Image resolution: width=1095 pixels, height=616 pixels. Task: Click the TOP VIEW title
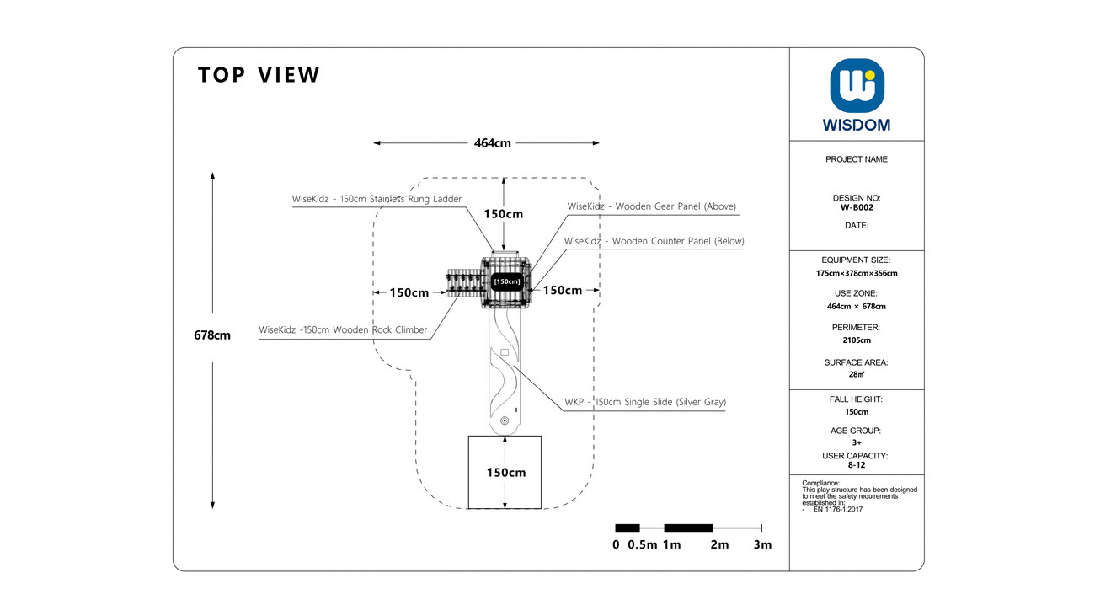(259, 75)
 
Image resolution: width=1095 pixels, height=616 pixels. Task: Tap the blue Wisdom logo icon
(857, 86)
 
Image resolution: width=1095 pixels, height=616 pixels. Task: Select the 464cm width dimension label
(492, 143)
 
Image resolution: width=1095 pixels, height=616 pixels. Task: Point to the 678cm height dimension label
(212, 335)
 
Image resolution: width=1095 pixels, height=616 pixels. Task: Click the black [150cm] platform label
(507, 281)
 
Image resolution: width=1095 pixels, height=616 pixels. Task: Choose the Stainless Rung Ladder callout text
(377, 199)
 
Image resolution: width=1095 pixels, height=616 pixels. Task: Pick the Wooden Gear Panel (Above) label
(652, 206)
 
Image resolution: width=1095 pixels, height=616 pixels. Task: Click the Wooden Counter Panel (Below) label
(654, 241)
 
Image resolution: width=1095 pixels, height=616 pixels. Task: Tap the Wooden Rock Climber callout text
(343, 330)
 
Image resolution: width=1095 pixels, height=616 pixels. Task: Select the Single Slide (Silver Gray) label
(645, 402)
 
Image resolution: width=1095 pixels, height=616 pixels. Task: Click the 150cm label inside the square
(506, 473)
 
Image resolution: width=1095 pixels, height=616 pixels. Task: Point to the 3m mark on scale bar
(762, 544)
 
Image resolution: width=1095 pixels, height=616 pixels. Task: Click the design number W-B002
(857, 207)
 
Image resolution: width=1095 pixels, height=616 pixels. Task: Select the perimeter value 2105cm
(857, 340)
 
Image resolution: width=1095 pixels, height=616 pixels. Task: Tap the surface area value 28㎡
(857, 374)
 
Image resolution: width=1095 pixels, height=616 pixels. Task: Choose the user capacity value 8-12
(857, 465)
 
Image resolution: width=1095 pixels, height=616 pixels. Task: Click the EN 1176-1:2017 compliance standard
(838, 510)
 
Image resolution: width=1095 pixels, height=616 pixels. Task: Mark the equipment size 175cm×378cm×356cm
(857, 273)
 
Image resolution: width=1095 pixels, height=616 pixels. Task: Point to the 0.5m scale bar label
(643, 544)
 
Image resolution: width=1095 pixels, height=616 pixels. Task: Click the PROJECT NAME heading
(857, 159)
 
